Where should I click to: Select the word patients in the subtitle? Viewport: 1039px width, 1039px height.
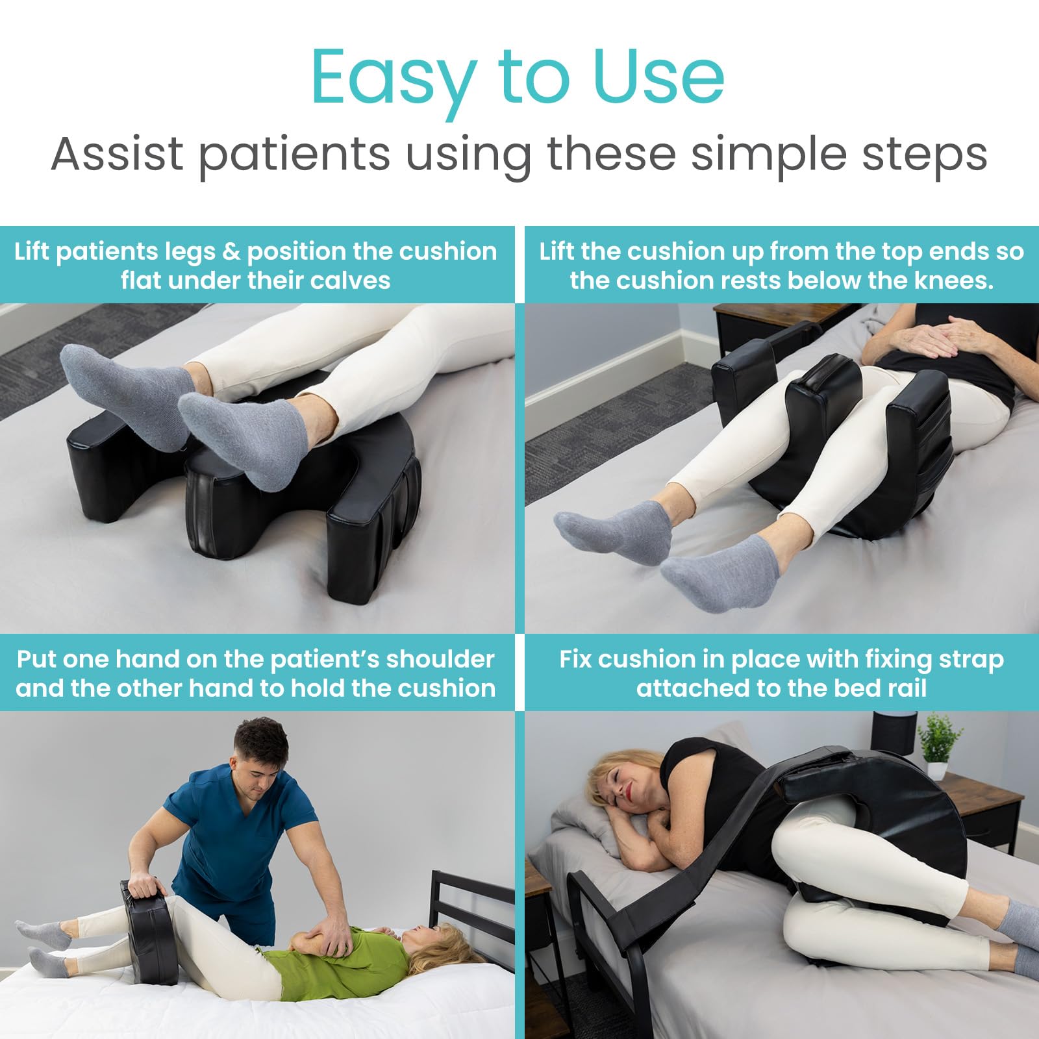(x=294, y=154)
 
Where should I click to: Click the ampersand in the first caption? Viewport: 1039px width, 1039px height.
(x=231, y=252)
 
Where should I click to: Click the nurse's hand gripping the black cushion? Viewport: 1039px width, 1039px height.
(x=144, y=884)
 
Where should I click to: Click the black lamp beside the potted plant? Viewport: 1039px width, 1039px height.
(x=893, y=734)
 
